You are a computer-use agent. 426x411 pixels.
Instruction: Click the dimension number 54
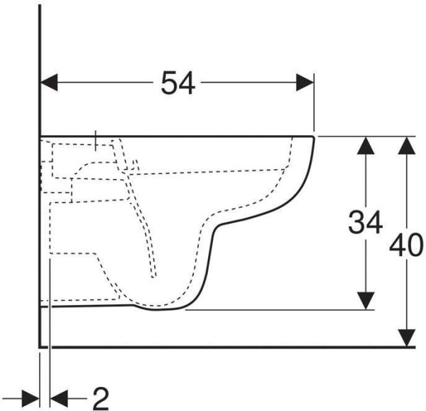[x=178, y=82]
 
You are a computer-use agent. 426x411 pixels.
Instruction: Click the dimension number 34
[x=366, y=223]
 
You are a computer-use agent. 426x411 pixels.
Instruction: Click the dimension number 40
[x=406, y=245]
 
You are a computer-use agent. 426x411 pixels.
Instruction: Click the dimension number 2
[x=101, y=398]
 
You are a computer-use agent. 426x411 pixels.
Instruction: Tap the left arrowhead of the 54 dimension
[x=49, y=82]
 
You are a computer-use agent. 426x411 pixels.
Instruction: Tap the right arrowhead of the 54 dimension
[x=305, y=82]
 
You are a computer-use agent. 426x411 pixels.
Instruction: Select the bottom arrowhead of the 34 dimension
[x=366, y=301]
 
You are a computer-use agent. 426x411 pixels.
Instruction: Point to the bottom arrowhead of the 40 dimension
[x=406, y=338]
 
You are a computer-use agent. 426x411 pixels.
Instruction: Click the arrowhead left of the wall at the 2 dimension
[x=31, y=399]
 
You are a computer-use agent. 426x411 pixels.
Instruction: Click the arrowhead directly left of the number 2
[x=59, y=399]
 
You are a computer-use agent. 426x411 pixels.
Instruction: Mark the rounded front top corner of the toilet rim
[x=313, y=137]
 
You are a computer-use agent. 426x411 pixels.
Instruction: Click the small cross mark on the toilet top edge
[x=95, y=140]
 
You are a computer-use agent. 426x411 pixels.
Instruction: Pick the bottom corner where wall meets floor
[x=40, y=347]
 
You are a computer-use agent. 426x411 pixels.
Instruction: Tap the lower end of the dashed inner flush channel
[x=154, y=277]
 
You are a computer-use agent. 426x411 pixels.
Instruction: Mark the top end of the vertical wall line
[x=40, y=5]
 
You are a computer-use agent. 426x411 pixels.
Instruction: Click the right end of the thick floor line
[x=415, y=347]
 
